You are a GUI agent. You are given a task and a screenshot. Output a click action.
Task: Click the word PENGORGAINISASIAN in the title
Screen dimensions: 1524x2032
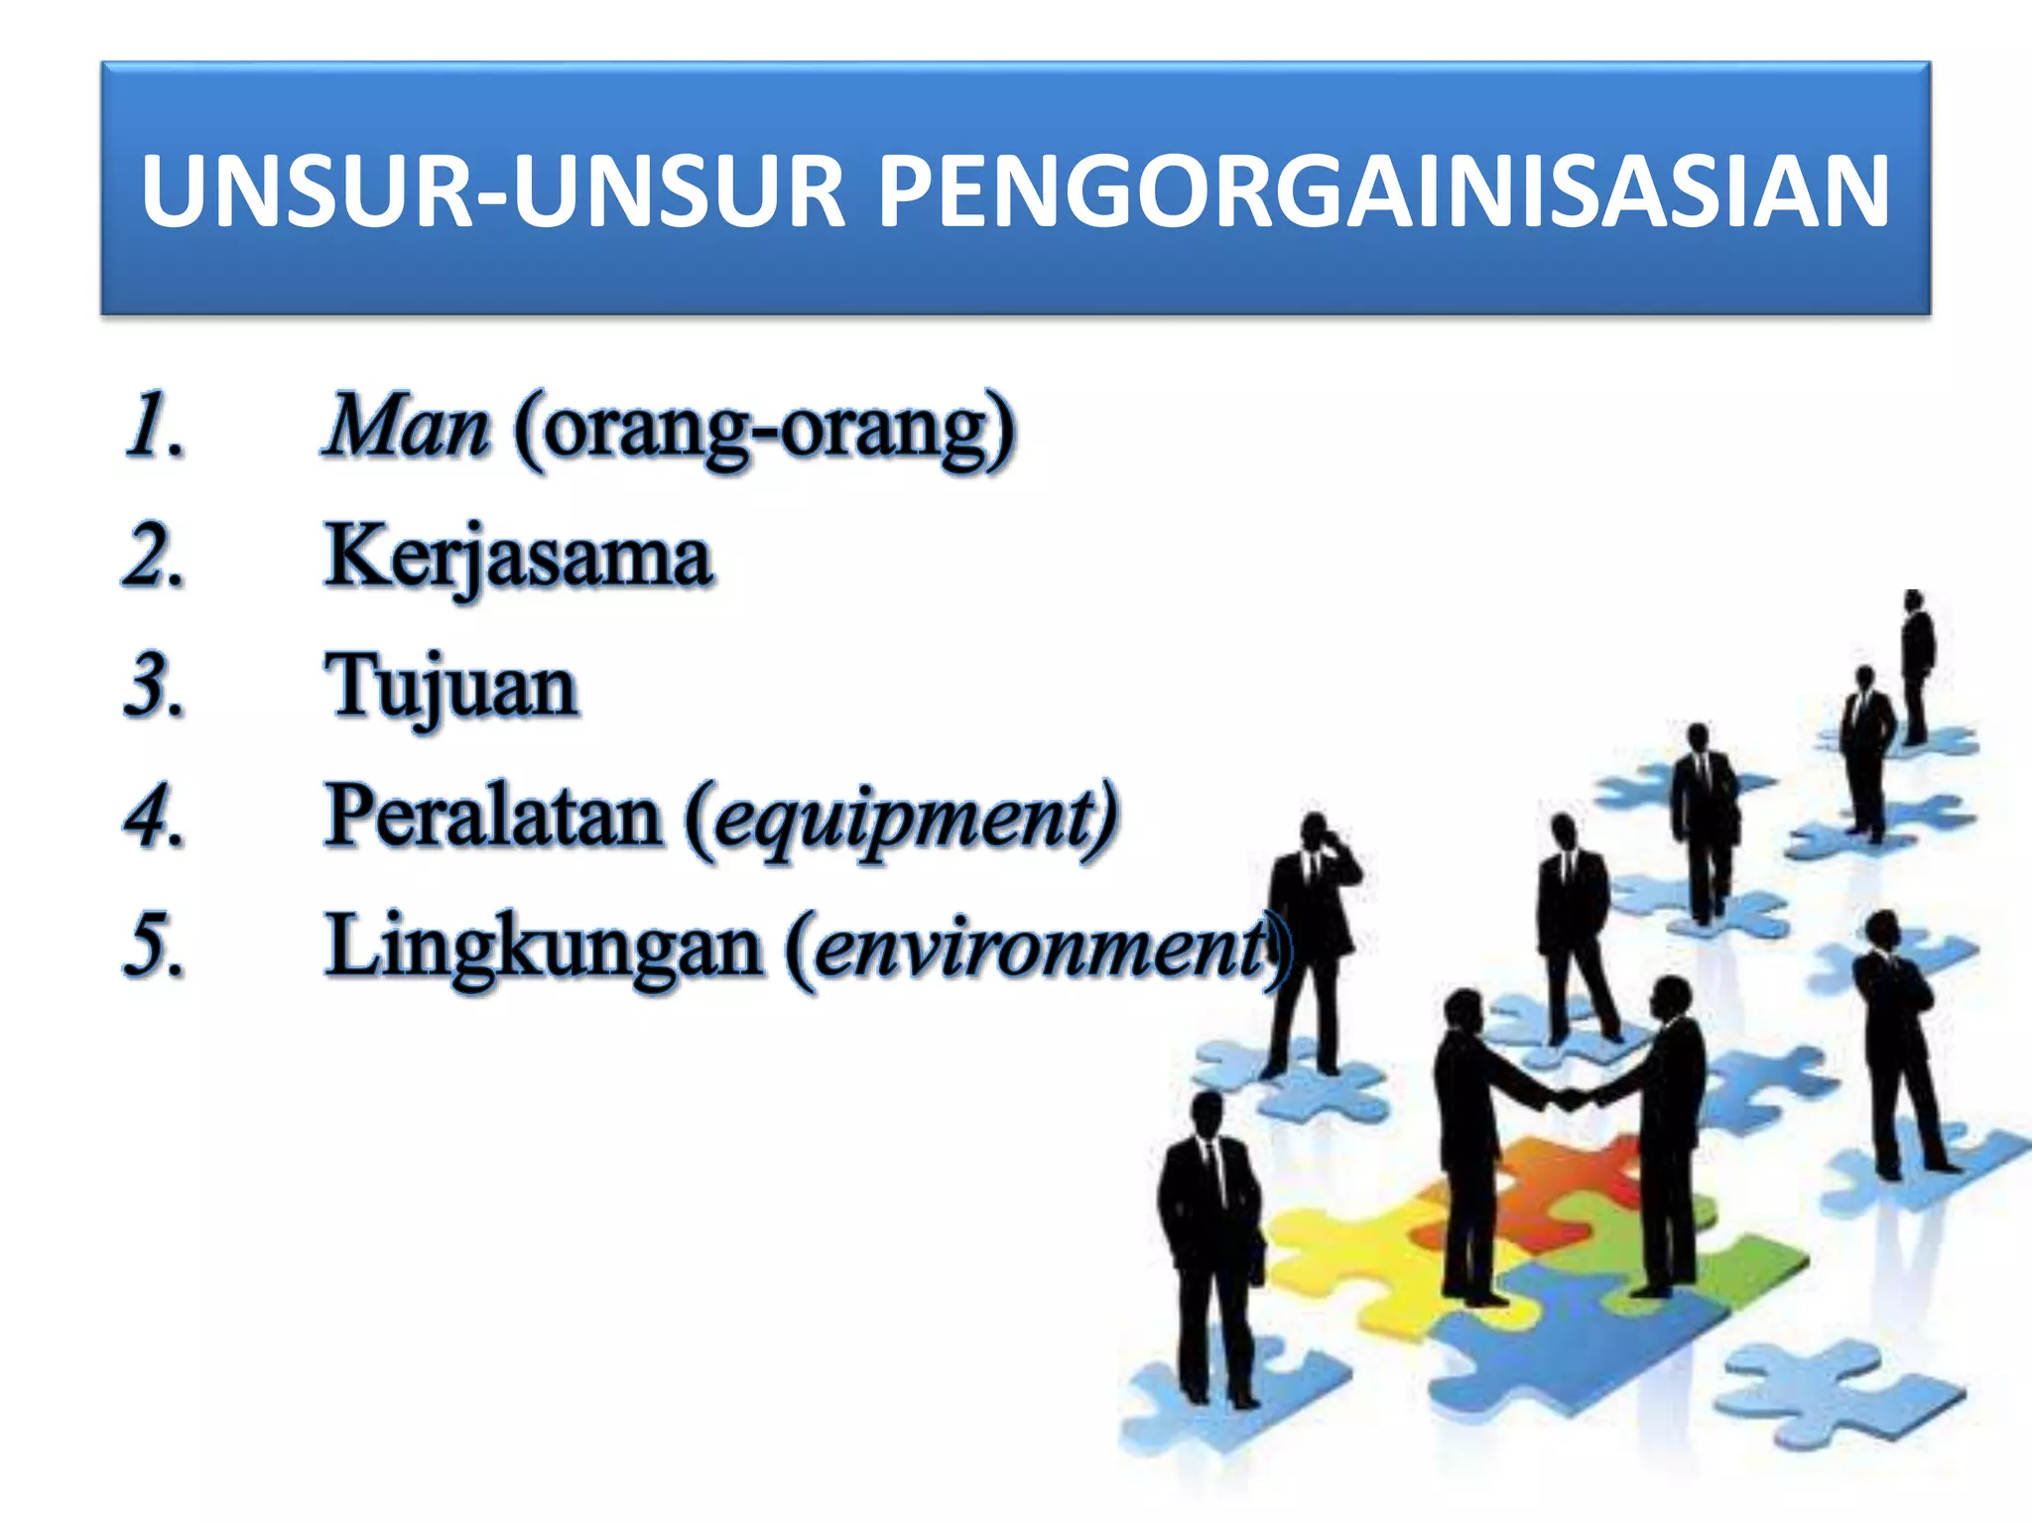point(1383,190)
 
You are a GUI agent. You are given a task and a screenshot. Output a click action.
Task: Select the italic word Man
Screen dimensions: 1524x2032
point(407,427)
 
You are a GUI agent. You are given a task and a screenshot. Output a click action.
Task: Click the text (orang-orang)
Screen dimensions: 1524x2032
point(764,429)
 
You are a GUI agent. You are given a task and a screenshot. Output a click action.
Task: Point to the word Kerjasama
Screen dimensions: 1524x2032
point(518,558)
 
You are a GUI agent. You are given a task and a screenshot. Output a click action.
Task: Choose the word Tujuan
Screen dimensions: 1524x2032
point(451,687)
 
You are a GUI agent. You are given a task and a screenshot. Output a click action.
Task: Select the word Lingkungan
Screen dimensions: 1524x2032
point(543,947)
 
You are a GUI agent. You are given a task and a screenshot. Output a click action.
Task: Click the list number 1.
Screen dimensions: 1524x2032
point(155,427)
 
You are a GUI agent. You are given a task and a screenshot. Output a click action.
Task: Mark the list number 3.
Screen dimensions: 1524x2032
point(155,687)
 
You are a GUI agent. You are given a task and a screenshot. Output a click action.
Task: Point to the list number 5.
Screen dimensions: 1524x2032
point(155,947)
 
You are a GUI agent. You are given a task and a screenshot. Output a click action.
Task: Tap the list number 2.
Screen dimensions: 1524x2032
point(155,558)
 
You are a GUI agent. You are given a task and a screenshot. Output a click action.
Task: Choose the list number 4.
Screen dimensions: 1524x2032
point(155,818)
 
